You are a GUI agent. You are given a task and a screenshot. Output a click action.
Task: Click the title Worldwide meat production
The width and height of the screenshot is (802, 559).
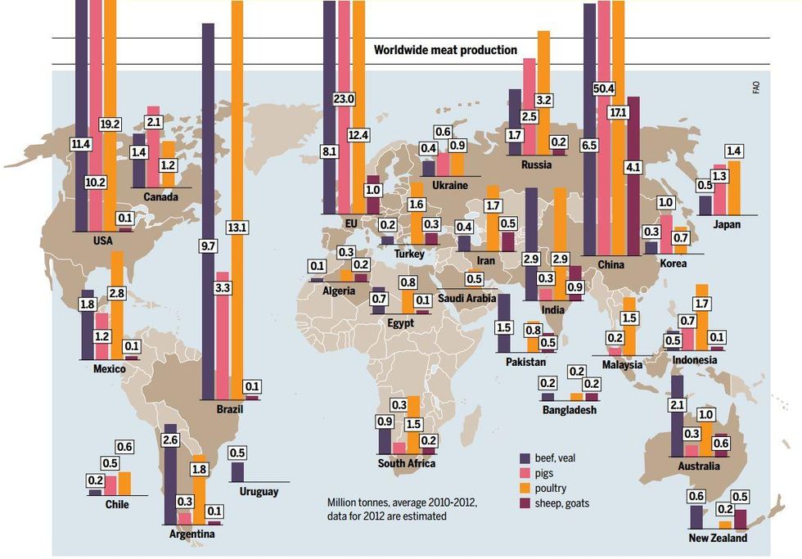click(445, 50)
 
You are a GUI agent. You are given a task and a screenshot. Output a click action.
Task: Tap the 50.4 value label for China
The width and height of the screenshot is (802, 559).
click(605, 88)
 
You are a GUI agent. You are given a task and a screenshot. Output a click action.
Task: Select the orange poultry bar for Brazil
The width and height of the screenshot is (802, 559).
click(237, 164)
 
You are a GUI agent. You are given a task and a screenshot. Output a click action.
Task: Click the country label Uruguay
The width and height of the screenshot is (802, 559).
click(259, 492)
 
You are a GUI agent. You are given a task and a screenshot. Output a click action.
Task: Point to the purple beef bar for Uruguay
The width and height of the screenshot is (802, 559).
click(237, 472)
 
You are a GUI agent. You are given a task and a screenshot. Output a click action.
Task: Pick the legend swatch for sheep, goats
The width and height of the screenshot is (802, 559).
click(527, 504)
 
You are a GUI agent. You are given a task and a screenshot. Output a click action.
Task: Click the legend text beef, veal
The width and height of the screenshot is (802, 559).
click(556, 458)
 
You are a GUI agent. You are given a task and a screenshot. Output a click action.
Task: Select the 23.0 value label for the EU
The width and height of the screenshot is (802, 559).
click(345, 99)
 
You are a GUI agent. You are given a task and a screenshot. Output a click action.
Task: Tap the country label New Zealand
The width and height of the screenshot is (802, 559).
click(718, 538)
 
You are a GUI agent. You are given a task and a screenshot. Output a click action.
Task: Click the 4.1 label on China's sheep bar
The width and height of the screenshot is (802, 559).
click(633, 166)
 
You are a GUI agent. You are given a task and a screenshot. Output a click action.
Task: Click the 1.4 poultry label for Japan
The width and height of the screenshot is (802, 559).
click(734, 151)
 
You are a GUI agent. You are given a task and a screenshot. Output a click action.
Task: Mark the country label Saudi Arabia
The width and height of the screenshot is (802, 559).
click(466, 298)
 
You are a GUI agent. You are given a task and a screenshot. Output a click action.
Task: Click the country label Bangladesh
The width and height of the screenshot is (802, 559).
click(569, 410)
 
